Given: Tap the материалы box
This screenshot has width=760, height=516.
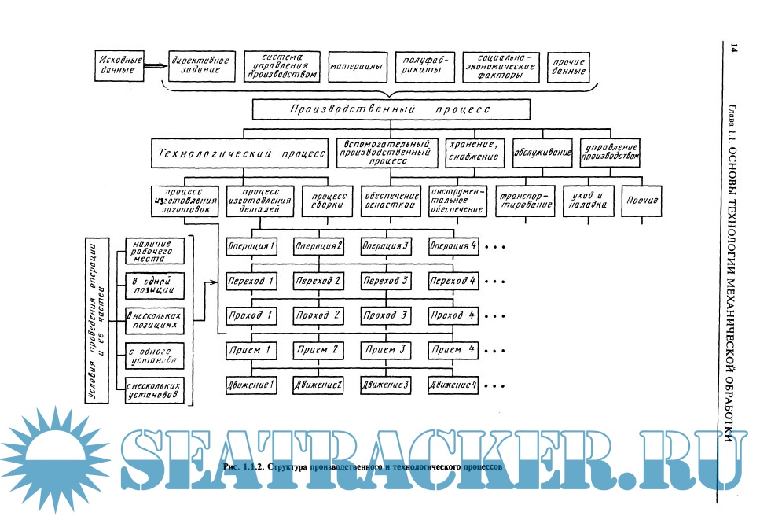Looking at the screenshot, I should click(355, 66).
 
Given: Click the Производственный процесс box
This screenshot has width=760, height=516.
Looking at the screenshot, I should click(389, 110).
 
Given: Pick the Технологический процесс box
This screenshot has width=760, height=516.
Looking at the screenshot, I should click(240, 153).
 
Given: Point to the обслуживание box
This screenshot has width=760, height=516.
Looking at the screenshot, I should click(542, 152).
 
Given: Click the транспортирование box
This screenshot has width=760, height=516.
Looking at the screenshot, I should click(526, 201).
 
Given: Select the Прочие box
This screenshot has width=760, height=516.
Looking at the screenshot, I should click(641, 201).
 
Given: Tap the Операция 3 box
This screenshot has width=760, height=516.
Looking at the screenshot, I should click(387, 245).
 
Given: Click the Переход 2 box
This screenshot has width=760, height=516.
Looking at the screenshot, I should click(318, 281).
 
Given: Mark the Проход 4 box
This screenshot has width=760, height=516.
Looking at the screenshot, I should click(453, 316).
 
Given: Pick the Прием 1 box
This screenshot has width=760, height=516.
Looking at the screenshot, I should click(251, 350).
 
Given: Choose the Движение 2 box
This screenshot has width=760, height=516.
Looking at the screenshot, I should click(318, 385).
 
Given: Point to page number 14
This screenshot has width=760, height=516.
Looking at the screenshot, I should click(733, 50).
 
